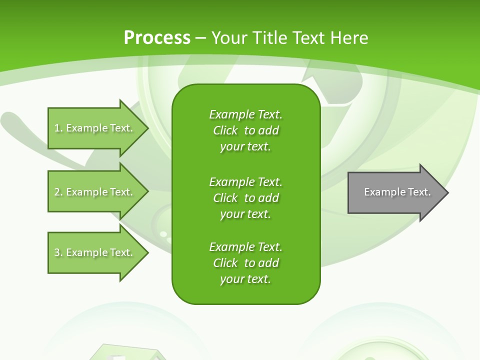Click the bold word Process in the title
pos(157,38)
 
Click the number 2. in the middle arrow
pos(58,192)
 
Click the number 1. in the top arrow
pos(58,128)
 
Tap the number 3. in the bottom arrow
pos(58,252)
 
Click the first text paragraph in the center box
pos(245,130)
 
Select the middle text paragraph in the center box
pos(245,197)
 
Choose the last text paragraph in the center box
pos(245,263)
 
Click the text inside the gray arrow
pos(397,192)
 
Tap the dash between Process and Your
pos(201,38)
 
